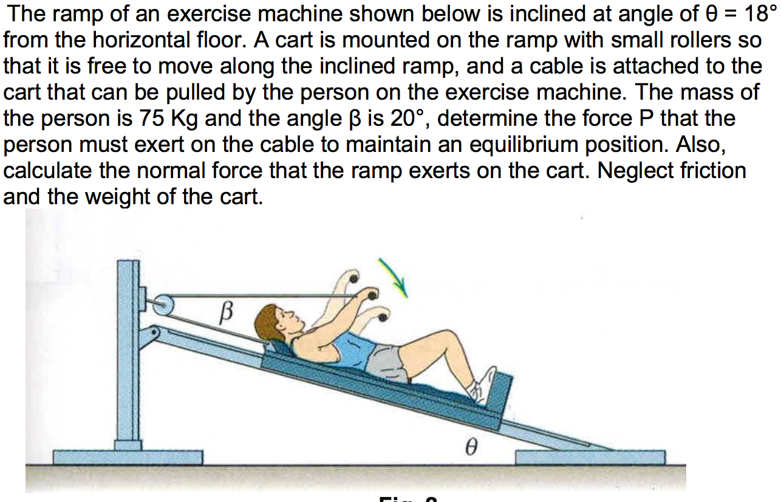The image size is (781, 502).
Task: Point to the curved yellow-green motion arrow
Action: tap(394, 277)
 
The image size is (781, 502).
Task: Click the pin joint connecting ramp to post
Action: tap(154, 332)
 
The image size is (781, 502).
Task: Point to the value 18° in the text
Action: tap(760, 14)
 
